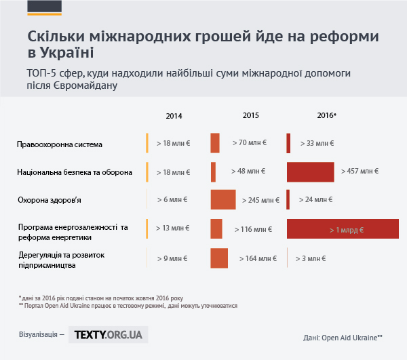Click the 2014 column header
tap(174, 116)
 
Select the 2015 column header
tap(251, 115)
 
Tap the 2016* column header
tap(327, 115)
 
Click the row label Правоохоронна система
tap(60, 144)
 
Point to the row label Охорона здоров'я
tap(50, 200)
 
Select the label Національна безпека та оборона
tap(75, 173)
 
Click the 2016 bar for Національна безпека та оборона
tap(311, 172)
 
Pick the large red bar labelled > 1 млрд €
tap(343, 229)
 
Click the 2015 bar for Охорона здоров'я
tap(223, 199)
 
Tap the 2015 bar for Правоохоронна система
tap(215, 143)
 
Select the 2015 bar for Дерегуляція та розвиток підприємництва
tap(219, 258)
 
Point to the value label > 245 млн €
tap(261, 200)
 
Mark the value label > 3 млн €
tap(311, 258)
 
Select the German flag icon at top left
tap(44, 8)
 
